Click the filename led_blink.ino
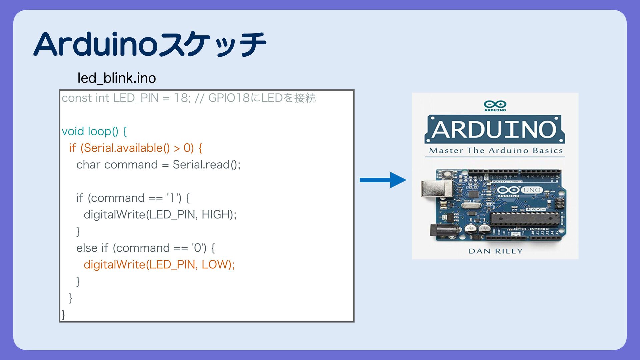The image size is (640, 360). [117, 78]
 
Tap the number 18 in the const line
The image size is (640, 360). [181, 98]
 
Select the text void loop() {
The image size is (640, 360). [94, 131]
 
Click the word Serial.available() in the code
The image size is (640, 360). [125, 148]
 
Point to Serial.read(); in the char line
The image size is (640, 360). [206, 165]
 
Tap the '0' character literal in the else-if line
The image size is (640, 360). [198, 248]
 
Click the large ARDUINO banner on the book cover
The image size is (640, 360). [495, 129]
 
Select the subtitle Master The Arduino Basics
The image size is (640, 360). [495, 151]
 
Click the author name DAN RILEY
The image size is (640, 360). [495, 251]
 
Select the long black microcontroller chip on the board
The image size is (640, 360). [524, 219]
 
